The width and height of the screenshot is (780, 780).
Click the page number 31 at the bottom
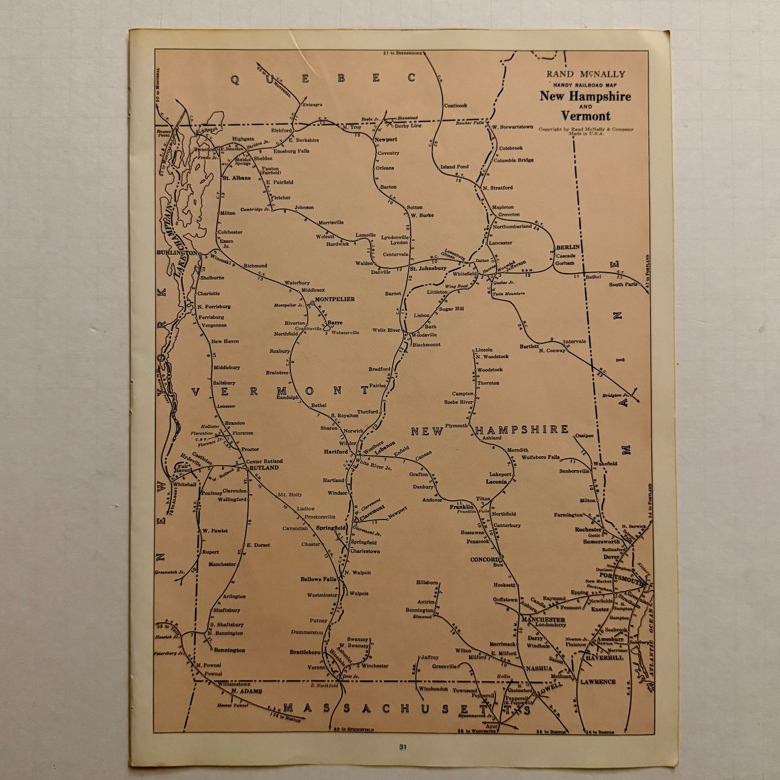point(403,747)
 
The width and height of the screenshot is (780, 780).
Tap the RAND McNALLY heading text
point(586,74)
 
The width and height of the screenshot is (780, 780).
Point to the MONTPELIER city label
point(335,299)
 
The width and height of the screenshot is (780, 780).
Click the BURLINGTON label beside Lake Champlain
point(177,253)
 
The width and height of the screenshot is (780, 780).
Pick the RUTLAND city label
point(263,467)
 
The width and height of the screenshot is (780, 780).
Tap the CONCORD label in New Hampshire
point(485,559)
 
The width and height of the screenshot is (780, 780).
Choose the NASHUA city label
point(539,668)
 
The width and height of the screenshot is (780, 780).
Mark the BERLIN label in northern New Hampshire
point(568,247)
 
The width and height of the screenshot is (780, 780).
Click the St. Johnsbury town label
point(428,268)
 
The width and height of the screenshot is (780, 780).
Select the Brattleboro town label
point(305,652)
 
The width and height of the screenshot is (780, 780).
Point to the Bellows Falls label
point(318,579)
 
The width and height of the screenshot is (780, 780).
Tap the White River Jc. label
point(374,464)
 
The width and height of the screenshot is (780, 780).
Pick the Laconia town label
point(496,481)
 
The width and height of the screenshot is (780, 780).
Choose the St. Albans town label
point(236,178)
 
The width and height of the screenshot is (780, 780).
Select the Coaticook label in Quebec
point(455,106)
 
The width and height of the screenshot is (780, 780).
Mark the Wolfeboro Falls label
point(540,457)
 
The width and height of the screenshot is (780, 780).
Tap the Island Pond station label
point(455,167)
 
